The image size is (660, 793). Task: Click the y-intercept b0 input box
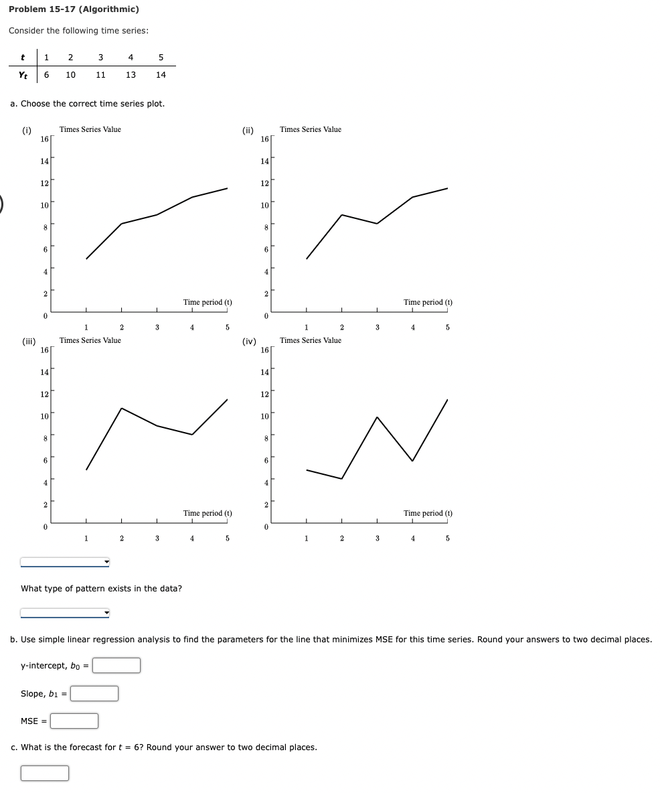coord(116,665)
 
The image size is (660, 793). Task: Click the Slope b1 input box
coord(94,693)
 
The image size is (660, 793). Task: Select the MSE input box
coord(74,721)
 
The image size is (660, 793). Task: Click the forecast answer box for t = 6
coord(45,773)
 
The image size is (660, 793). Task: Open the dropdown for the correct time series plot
coord(65,561)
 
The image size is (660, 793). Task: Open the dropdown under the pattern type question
coord(65,612)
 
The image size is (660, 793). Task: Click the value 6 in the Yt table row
coord(46,75)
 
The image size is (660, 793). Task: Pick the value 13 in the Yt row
coord(131,75)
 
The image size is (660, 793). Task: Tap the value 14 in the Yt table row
coord(161,75)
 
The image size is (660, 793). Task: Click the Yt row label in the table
coord(23,75)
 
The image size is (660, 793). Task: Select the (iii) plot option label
coord(28,342)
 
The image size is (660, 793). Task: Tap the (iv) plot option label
coord(248,342)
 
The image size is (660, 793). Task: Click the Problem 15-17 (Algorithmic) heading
coord(74,9)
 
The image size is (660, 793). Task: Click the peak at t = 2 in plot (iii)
coord(121,408)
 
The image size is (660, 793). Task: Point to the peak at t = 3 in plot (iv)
coord(377,417)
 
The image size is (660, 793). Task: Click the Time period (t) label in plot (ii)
coord(428,302)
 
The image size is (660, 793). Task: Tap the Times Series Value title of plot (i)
coord(90,129)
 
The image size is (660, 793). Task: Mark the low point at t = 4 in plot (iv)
coord(412,461)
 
